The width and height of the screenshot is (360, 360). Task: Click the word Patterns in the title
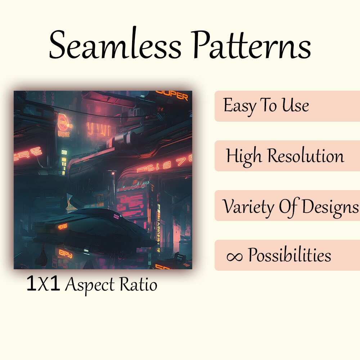pos(251,46)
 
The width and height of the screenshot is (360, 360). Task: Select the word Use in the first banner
pos(295,105)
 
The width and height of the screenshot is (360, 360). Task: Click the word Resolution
pos(306,156)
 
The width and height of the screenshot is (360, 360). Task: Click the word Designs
pos(329,206)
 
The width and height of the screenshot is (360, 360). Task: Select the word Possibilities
pos(289,256)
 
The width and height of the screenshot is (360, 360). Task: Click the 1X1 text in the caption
pos(43,284)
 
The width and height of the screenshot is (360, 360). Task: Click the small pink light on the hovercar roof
pos(117,216)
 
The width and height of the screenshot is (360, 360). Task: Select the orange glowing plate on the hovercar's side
pos(63,226)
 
